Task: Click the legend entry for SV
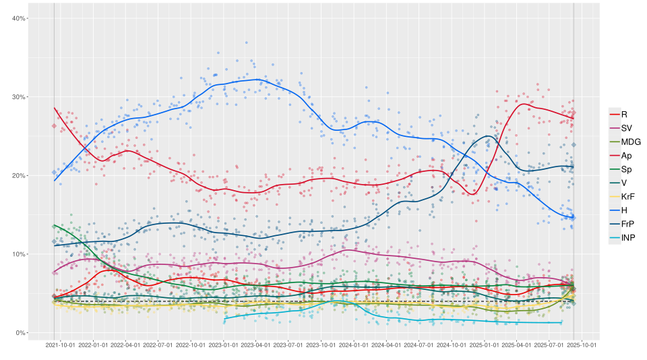[x=626, y=128]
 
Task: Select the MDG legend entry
[x=631, y=142]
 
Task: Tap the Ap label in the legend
[x=626, y=156]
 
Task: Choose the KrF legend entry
[x=627, y=196]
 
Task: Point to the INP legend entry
[x=628, y=238]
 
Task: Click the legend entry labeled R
[x=624, y=115]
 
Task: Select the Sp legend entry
[x=626, y=169]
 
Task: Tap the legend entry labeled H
[x=624, y=210]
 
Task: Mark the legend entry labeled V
[x=624, y=183]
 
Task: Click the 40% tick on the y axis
[x=19, y=18]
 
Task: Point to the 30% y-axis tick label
[x=19, y=97]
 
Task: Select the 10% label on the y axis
[x=19, y=254]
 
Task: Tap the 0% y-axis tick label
[x=20, y=333]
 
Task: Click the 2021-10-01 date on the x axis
[x=60, y=344]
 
